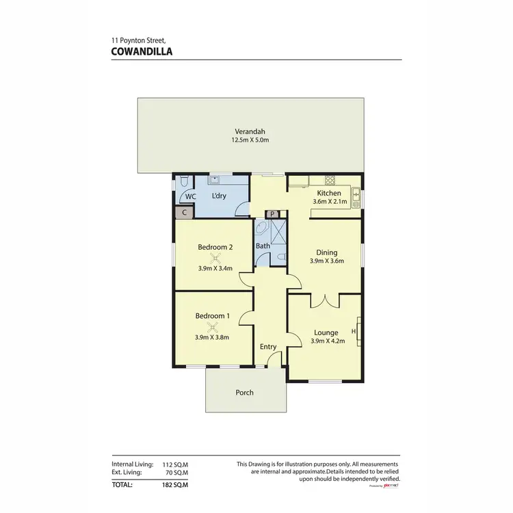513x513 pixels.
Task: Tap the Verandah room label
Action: [250, 131]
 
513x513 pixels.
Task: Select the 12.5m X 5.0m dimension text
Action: [250, 141]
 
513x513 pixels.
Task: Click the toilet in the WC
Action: [185, 182]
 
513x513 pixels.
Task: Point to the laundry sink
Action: [215, 181]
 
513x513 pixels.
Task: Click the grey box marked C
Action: [183, 213]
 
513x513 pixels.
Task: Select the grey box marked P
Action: [272, 214]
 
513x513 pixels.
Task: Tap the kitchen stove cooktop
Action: [330, 181]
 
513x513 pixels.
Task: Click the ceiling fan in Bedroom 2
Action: [216, 257]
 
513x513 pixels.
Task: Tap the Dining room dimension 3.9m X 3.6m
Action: [326, 261]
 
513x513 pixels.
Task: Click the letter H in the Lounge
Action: [353, 332]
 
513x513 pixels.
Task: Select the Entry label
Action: [268, 347]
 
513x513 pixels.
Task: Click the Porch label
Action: [244, 393]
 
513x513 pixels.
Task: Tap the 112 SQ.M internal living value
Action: [174, 464]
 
